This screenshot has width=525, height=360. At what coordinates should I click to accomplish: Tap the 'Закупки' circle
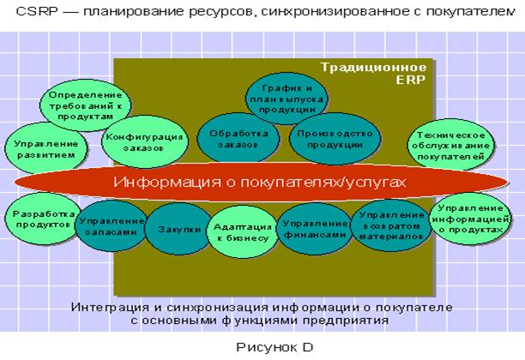tap(179, 230)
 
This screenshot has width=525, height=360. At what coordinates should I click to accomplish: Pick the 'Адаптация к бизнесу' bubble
tap(241, 231)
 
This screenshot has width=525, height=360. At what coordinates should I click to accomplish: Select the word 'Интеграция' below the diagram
tap(106, 305)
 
